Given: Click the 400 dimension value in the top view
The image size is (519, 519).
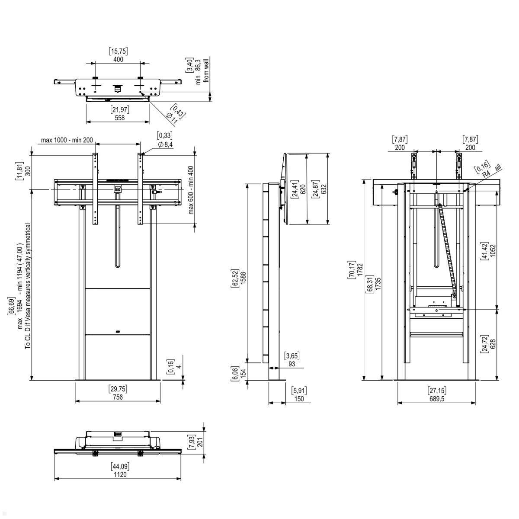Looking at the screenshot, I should click(x=118, y=59).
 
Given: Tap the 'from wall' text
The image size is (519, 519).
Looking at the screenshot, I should click(x=206, y=71).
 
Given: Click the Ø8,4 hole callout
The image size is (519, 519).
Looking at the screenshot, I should click(x=165, y=144).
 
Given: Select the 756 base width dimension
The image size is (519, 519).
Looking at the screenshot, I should click(x=118, y=397).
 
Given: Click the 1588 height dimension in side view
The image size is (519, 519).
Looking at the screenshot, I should click(x=243, y=277).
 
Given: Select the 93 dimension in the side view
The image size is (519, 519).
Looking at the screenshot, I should click(x=292, y=364).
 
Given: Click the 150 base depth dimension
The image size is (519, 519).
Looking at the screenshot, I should click(x=298, y=399).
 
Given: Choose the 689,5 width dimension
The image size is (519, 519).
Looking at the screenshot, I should click(x=437, y=399).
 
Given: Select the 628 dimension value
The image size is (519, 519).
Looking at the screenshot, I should click(x=493, y=344).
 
